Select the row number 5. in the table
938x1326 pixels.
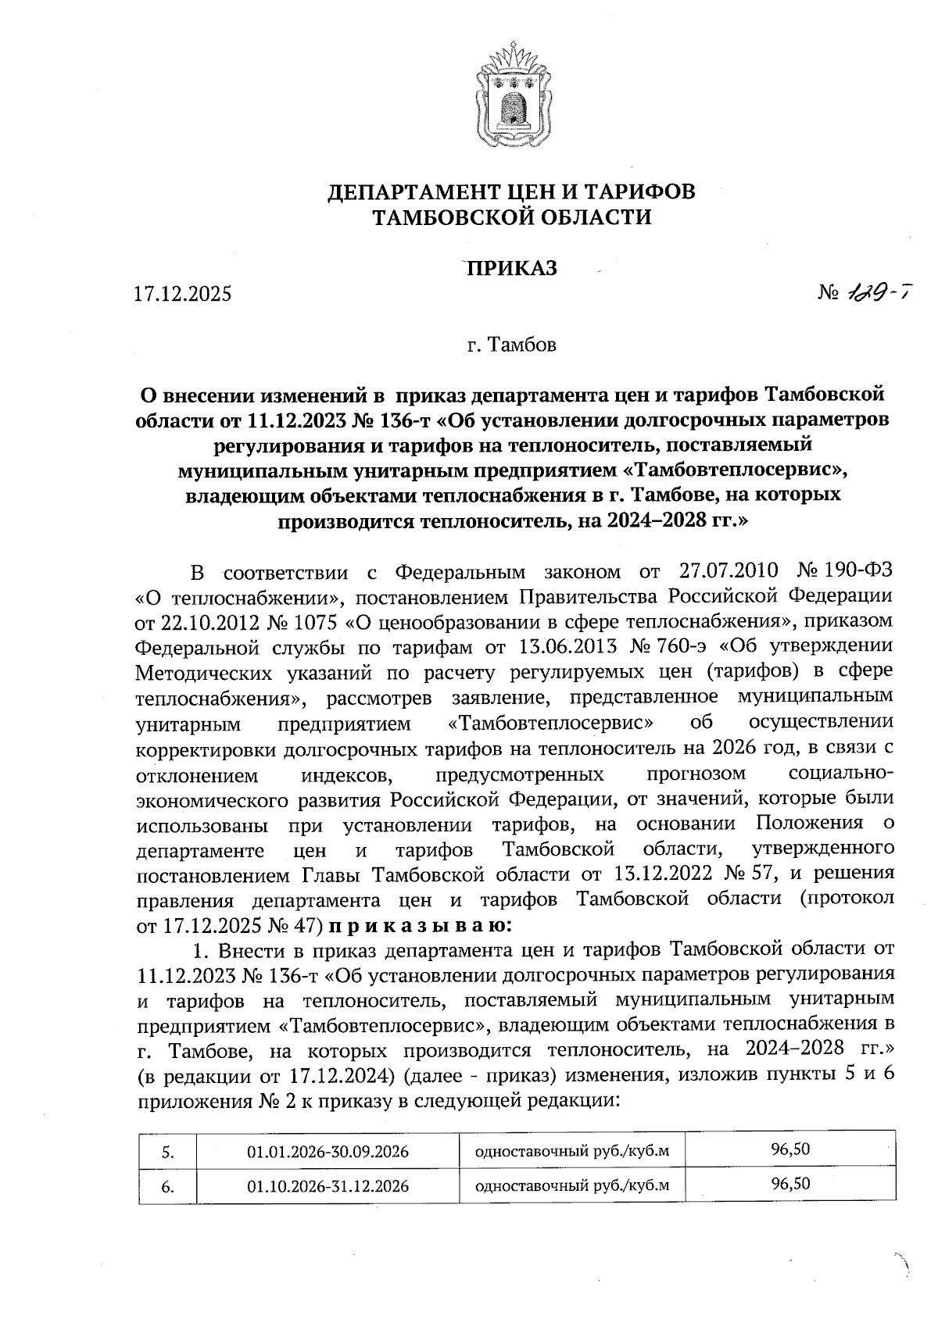coord(167,1153)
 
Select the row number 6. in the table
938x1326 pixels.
coord(167,1187)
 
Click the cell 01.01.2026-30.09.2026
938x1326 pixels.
coord(328,1152)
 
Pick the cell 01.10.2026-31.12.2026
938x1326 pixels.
coord(328,1186)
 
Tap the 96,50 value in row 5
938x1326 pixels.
coord(790,1150)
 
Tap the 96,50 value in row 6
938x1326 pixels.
coord(790,1184)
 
